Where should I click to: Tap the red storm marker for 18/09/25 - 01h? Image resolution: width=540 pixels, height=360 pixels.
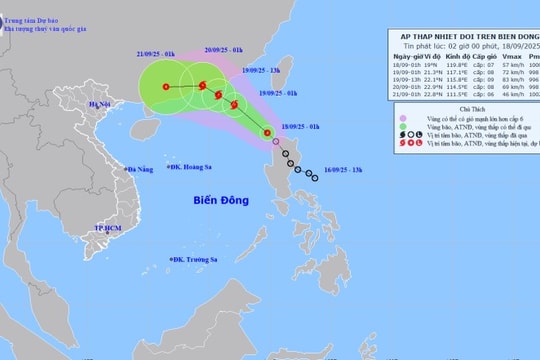click(267, 133)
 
